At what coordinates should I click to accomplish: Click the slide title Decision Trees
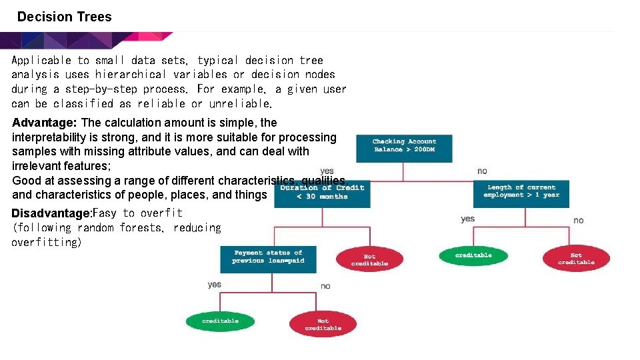pos(64,17)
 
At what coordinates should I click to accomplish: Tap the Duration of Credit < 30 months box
pos(322,193)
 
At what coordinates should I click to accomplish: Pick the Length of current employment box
pos(521,193)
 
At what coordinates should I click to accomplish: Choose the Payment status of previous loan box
pos(268,258)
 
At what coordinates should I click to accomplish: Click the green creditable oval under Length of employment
pos(473,255)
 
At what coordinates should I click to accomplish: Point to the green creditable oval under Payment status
pos(220,321)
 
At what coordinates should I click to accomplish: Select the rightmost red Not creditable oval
pos(576,258)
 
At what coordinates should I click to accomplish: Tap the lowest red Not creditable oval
pos(323,324)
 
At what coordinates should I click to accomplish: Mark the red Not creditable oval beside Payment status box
pos(369,259)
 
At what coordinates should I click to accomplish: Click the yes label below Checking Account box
pos(327,171)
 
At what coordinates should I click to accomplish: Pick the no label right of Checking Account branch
pos(482,171)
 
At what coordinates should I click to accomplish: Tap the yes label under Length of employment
pos(468,219)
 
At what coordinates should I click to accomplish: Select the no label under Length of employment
pos(578,220)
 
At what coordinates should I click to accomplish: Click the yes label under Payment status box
pos(214,284)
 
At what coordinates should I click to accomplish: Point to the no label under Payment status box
pos(325,286)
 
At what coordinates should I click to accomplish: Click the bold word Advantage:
pos(45,123)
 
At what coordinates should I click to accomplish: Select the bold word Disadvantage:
pos(51,213)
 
